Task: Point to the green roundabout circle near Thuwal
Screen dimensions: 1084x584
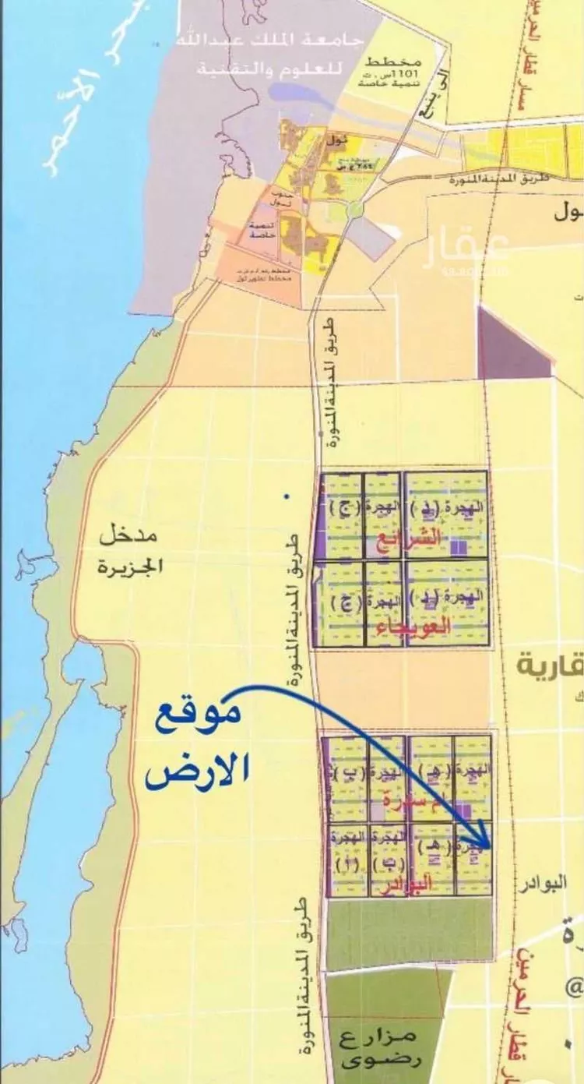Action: coord(356,209)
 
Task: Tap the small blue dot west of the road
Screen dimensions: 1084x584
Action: coord(287,496)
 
